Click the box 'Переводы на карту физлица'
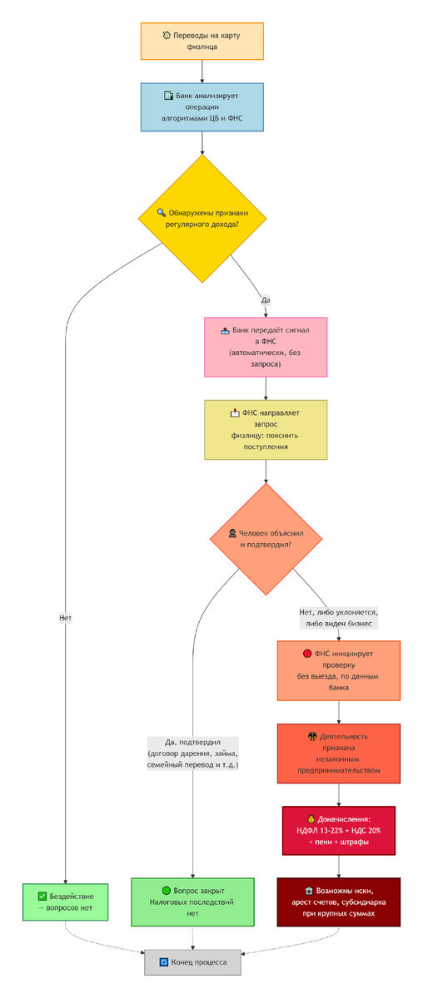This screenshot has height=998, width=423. point(202,41)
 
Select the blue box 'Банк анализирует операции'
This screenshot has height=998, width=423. point(202,107)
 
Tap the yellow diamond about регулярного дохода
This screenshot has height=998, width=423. point(202,218)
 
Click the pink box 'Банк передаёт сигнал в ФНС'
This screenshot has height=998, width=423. point(266,347)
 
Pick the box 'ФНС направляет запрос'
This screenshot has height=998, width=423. point(266,430)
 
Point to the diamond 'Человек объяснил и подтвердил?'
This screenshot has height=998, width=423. point(266,539)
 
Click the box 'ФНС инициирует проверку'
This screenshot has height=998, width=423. point(339,670)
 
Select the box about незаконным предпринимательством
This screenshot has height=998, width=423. point(339,753)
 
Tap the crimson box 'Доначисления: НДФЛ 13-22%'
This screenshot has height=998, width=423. point(339,831)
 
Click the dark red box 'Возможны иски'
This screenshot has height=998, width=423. point(339,902)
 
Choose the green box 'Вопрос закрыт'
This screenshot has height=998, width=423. point(192,902)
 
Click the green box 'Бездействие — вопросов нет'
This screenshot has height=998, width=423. point(66,902)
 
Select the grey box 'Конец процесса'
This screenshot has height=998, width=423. point(192,962)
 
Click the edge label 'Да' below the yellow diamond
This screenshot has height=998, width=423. point(266,300)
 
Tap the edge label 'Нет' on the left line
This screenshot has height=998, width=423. point(66,617)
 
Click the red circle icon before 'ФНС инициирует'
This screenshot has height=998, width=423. point(307,654)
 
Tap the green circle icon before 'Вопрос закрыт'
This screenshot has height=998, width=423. point(166,891)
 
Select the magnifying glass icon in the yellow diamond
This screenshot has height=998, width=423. point(162,213)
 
